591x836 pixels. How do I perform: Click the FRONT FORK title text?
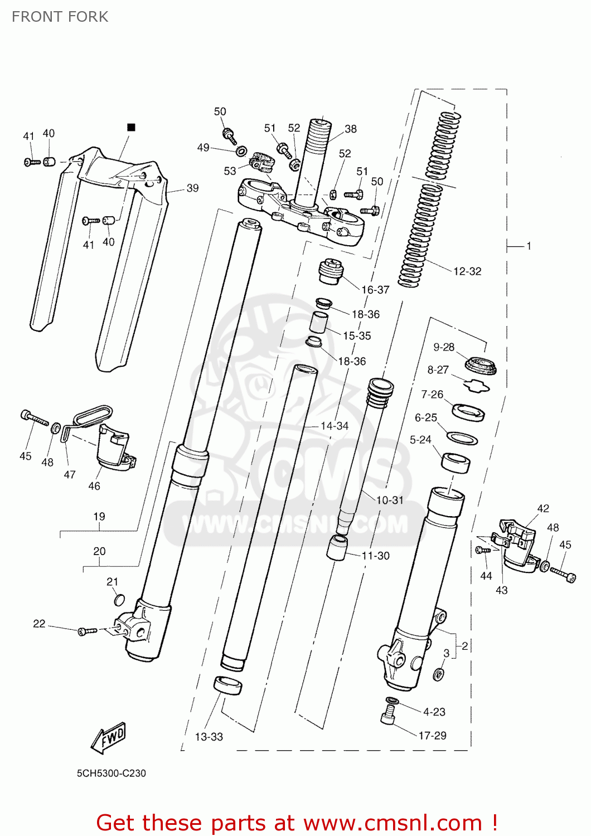(60, 17)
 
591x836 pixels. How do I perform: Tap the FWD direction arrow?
(109, 738)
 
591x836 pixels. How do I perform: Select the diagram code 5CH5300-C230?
(111, 773)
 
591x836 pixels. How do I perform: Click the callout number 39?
(192, 188)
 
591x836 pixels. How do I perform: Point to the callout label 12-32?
(467, 271)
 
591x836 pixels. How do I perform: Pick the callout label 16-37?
(375, 290)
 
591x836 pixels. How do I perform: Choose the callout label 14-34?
(334, 426)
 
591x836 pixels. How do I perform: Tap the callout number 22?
(39, 624)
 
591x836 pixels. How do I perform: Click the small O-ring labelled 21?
(119, 600)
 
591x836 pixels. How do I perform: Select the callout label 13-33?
(209, 737)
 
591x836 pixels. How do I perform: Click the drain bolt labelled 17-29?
(388, 715)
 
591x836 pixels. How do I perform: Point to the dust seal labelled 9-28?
(481, 366)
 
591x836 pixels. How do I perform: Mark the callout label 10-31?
(390, 500)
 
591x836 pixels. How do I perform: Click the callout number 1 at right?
(529, 246)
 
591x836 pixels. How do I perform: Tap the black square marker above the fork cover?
(132, 128)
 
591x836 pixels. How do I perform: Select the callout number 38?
(351, 129)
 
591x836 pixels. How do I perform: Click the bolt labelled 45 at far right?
(563, 575)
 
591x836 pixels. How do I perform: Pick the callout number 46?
(94, 486)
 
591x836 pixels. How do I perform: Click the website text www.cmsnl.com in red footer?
(393, 823)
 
